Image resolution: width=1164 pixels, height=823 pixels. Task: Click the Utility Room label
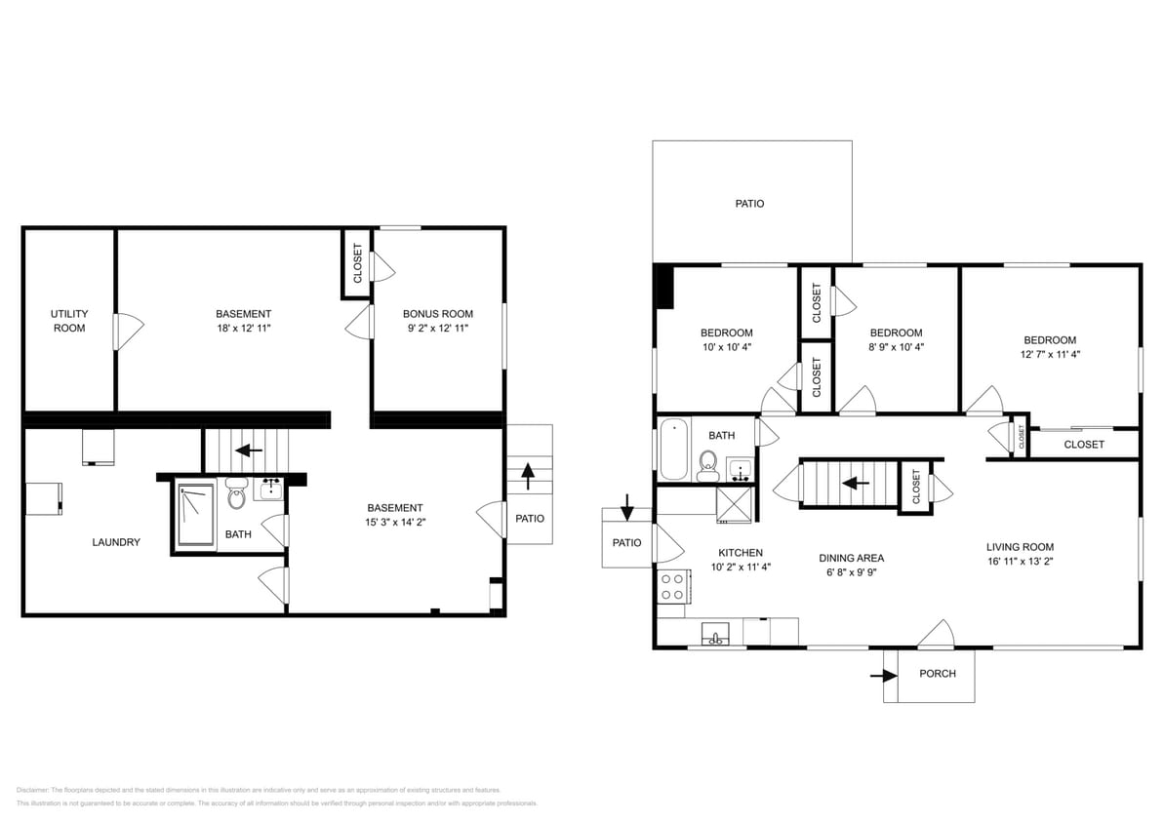click(x=69, y=321)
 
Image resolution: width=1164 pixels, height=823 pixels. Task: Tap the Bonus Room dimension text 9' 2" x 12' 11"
click(x=437, y=329)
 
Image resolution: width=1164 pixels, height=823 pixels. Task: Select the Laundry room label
click(x=116, y=542)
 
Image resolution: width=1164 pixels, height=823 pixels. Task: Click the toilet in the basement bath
click(x=236, y=496)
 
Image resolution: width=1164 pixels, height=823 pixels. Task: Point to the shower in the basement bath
click(x=195, y=516)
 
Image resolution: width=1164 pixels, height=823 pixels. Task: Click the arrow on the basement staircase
click(x=250, y=451)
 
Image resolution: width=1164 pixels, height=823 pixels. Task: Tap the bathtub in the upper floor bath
click(x=673, y=450)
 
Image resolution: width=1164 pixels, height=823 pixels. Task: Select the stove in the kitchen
click(x=673, y=586)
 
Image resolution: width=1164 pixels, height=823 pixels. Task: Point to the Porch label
click(x=938, y=674)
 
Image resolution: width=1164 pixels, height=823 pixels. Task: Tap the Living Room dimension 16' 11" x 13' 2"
click(x=1020, y=562)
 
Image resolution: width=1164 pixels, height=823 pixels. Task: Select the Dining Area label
click(x=851, y=559)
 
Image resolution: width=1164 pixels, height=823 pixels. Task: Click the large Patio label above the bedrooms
click(x=749, y=204)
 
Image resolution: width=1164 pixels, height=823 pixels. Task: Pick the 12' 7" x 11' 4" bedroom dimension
click(x=1049, y=355)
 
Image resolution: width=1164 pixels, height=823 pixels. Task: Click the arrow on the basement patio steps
click(x=528, y=476)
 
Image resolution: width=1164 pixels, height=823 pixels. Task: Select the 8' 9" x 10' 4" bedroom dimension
click(x=896, y=347)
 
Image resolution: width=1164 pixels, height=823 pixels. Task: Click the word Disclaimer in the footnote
click(x=32, y=790)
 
